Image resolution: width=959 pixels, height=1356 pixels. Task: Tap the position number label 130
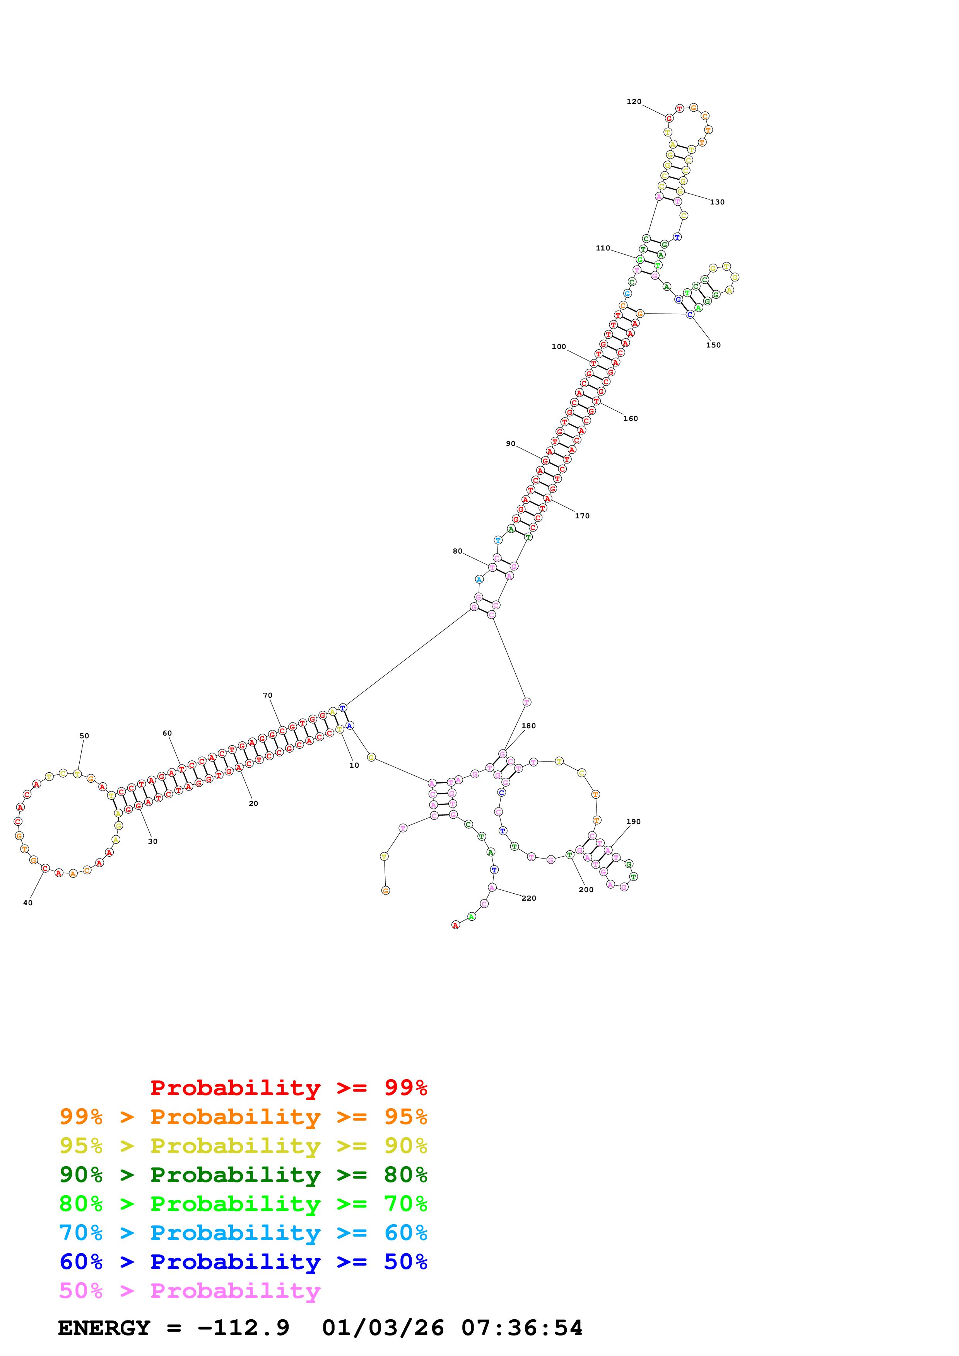717,202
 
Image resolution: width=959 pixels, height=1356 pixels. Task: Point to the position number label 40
28,903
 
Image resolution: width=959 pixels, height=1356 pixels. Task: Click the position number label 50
84,736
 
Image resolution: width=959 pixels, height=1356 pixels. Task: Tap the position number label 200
586,889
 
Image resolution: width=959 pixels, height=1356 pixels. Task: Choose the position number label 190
633,821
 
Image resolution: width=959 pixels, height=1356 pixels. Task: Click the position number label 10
354,765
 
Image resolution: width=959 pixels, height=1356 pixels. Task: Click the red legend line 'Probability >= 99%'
288,1087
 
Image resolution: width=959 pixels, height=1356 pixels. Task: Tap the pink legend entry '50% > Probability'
190,1290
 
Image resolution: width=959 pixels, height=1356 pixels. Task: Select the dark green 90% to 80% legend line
243,1174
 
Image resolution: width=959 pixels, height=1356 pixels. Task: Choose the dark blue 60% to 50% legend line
243,1262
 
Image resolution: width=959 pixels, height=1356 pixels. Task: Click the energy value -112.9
243,1328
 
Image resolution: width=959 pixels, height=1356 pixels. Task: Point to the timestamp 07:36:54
522,1328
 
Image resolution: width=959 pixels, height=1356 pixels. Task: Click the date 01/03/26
383,1328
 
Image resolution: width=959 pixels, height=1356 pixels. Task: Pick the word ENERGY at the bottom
104,1328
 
